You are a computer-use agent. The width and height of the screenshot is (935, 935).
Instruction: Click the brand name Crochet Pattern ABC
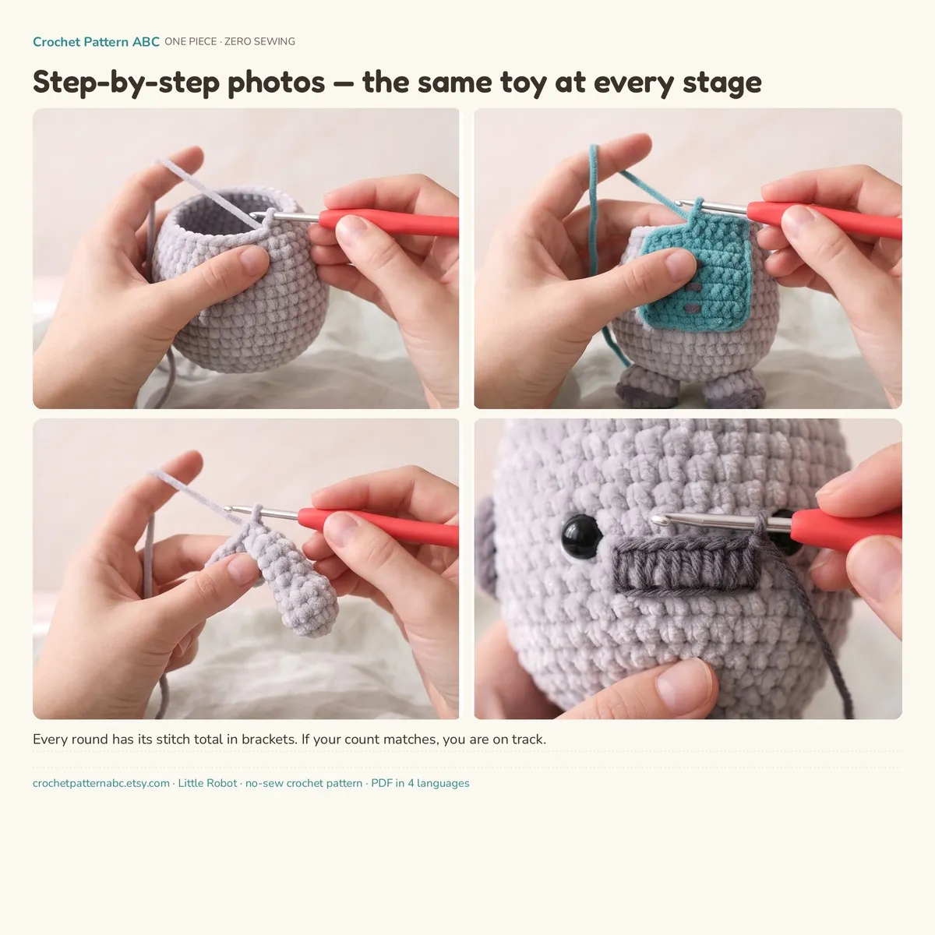click(x=96, y=42)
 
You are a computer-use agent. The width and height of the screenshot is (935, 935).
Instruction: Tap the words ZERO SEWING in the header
click(x=259, y=42)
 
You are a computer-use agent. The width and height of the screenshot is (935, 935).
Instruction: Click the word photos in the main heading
click(x=276, y=83)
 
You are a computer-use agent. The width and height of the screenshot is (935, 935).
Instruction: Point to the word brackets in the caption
click(x=268, y=739)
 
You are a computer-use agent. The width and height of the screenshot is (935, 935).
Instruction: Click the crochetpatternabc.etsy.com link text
click(x=101, y=783)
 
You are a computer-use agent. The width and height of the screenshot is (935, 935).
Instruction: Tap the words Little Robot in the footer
click(x=207, y=783)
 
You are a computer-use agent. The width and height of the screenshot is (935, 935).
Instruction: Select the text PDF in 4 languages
click(x=420, y=783)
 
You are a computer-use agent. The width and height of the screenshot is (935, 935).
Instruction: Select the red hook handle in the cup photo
click(x=388, y=223)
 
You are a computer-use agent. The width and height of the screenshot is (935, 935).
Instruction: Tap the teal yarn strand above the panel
click(x=593, y=204)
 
